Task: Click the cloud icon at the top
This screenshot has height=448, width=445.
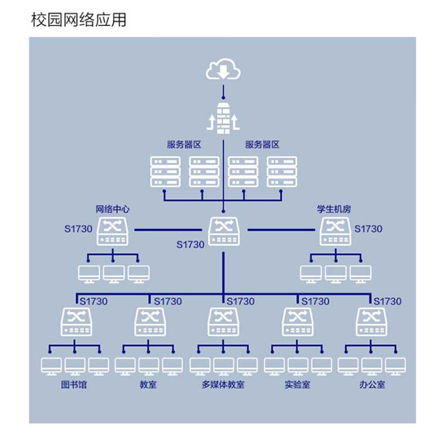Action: click(x=223, y=70)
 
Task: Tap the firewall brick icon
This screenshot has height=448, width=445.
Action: click(x=223, y=118)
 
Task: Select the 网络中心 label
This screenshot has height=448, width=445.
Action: click(x=113, y=209)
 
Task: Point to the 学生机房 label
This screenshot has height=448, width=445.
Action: click(x=334, y=209)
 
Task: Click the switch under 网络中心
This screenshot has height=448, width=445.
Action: click(x=113, y=232)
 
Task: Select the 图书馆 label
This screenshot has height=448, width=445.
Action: click(x=74, y=386)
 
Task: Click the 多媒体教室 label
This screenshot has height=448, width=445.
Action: click(x=223, y=386)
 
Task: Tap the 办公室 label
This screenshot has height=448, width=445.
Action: click(x=372, y=386)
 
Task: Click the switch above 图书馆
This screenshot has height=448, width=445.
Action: click(x=75, y=322)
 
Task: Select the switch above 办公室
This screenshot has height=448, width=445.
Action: click(x=371, y=322)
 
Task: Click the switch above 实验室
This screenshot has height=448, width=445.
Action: click(x=297, y=322)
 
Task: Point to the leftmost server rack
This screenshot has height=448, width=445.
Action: click(x=165, y=171)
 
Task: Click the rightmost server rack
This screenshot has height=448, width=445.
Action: click(x=282, y=171)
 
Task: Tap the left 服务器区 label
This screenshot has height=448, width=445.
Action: click(x=184, y=145)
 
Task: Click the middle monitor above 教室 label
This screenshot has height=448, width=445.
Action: click(x=149, y=366)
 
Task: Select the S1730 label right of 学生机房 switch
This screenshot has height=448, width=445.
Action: click(x=368, y=229)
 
